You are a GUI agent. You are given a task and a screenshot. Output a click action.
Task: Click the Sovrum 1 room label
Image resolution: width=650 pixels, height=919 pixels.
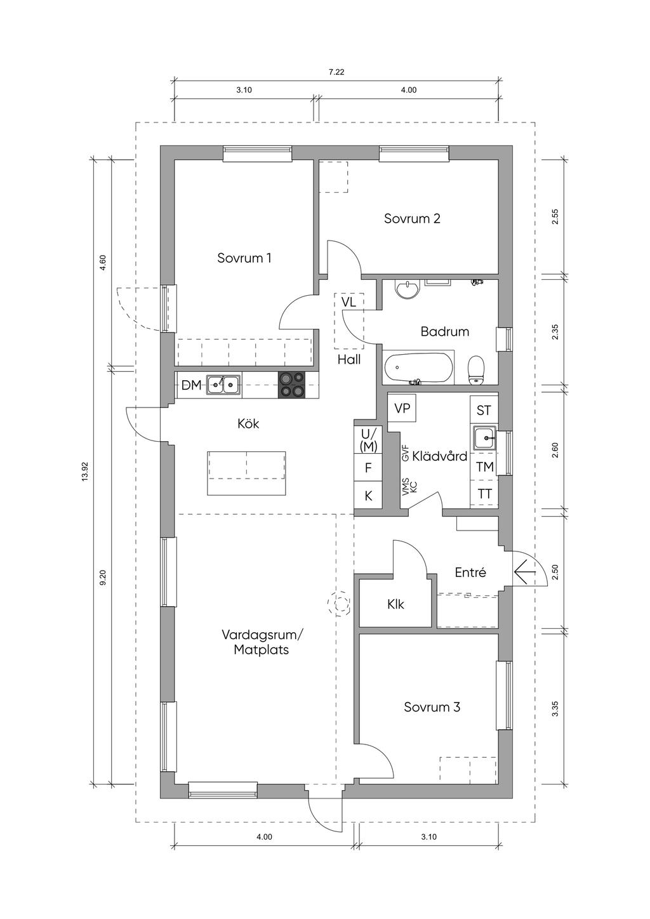tap(244, 258)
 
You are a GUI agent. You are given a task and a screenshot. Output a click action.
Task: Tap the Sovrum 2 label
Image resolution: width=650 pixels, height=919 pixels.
tap(412, 218)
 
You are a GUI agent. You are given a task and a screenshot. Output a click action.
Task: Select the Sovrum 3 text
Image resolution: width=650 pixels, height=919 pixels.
tap(432, 707)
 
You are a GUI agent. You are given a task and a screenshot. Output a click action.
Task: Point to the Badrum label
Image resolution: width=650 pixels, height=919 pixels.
tap(445, 331)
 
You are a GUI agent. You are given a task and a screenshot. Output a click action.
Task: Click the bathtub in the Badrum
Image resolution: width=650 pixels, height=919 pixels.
tap(418, 367)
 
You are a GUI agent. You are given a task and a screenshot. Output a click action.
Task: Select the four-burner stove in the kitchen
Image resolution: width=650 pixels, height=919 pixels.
tap(292, 385)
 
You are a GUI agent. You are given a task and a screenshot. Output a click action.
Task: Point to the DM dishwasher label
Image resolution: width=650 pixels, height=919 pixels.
tap(192, 385)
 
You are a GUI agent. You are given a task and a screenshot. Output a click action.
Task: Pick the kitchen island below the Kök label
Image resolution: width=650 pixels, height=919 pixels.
tap(246, 473)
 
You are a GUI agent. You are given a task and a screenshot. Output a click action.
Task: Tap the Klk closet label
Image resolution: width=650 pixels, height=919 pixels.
tap(395, 604)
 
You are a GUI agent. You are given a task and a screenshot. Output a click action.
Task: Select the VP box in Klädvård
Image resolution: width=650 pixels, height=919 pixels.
tap(402, 408)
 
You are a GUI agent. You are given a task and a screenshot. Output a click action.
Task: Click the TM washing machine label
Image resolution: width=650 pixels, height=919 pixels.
tap(484, 466)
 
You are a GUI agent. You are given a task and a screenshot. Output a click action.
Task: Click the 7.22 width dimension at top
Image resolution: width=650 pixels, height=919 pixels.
tap(336, 72)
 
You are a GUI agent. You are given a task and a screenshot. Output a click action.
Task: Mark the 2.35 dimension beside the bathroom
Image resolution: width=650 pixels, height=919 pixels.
tap(555, 332)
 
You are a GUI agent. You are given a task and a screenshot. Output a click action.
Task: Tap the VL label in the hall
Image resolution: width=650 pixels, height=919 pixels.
tap(348, 302)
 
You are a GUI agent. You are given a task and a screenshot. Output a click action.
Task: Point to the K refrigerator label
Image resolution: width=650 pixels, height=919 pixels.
tap(369, 496)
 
